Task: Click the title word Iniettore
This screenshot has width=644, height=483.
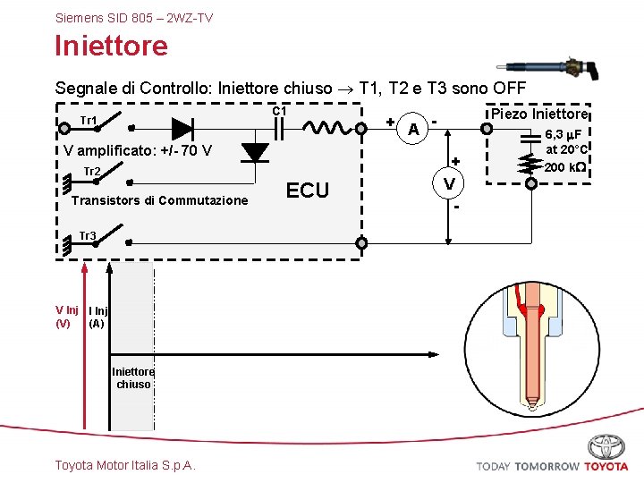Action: tap(111, 46)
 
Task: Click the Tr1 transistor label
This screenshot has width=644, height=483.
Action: tap(89, 121)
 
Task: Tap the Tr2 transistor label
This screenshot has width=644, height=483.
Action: tap(91, 172)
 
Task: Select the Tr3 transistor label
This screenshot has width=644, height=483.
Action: tap(88, 236)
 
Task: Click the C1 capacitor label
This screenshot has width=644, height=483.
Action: tap(278, 111)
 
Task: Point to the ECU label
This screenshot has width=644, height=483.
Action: tap(307, 190)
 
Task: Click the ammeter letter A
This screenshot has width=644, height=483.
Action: tap(412, 130)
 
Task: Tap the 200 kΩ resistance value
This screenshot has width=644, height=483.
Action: tap(565, 167)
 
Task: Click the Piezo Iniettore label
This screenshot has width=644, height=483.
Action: tap(538, 114)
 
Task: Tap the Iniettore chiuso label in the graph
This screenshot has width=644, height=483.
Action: tap(133, 377)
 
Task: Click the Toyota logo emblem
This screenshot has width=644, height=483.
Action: tap(606, 446)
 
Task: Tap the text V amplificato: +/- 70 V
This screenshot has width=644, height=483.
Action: tap(138, 150)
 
